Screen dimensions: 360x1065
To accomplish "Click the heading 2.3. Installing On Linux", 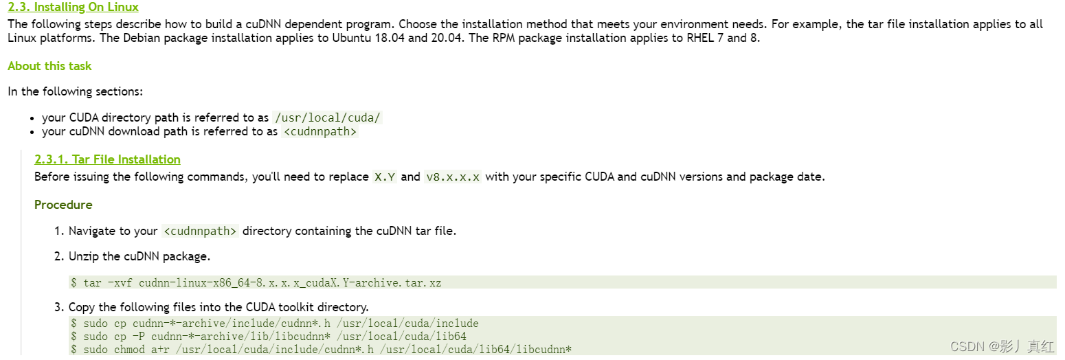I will pyautogui.click(x=73, y=8).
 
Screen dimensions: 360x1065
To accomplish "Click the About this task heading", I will pyautogui.click(x=49, y=66).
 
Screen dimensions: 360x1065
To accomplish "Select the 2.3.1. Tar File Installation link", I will pyautogui.click(x=107, y=159).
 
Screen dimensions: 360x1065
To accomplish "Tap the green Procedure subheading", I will pyautogui.click(x=63, y=205).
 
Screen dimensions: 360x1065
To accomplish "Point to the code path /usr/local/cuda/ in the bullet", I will pyautogui.click(x=327, y=117).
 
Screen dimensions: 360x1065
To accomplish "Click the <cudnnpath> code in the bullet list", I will pyautogui.click(x=320, y=131).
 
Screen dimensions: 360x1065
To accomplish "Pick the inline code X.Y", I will pyautogui.click(x=385, y=177).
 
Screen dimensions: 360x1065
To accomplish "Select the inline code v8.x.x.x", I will pyautogui.click(x=453, y=177).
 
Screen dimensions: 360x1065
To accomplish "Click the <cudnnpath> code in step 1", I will pyautogui.click(x=200, y=231).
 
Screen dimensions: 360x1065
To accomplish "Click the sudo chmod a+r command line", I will pyautogui.click(x=321, y=350).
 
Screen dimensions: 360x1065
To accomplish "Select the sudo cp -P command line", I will pyautogui.click(x=268, y=337).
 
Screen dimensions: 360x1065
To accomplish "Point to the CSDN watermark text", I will pyautogui.click(x=1002, y=346).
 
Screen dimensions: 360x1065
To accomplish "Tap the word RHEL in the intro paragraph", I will pyautogui.click(x=701, y=38).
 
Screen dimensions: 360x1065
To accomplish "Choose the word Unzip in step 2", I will pyautogui.click(x=85, y=256).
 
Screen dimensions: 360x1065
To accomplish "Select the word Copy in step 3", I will pyautogui.click(x=82, y=306).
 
